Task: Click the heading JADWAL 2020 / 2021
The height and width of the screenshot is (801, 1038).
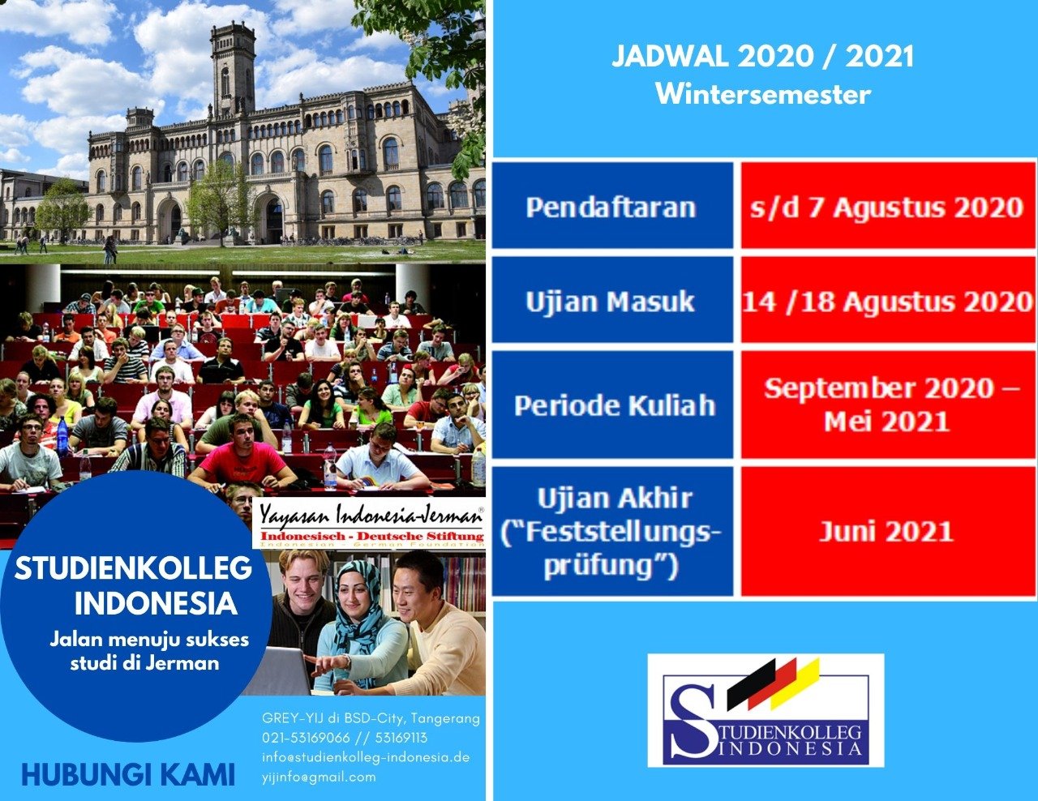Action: [x=763, y=56]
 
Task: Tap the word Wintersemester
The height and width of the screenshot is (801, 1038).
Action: [x=763, y=94]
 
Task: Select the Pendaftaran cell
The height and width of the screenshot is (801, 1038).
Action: [x=612, y=205]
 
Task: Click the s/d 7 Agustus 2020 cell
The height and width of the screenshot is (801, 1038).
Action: [x=887, y=205]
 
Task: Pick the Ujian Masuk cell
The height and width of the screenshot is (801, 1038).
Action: [x=612, y=300]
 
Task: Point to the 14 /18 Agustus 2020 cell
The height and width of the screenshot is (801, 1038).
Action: [x=887, y=300]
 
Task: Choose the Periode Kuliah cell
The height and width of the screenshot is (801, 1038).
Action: [x=612, y=405]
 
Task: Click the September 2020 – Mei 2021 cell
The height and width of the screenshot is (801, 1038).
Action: [x=887, y=405]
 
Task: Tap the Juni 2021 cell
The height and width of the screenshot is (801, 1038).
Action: [x=887, y=531]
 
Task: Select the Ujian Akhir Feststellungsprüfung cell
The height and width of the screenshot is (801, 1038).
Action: [x=612, y=531]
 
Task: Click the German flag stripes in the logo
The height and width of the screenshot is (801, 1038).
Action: [x=774, y=683]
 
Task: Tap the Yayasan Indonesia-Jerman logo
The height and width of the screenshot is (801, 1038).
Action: [x=369, y=524]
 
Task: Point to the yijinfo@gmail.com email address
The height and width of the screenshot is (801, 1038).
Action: [x=319, y=777]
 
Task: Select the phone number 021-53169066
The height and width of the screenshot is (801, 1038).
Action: [x=306, y=738]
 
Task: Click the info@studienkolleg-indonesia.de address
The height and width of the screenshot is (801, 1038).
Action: [x=366, y=757]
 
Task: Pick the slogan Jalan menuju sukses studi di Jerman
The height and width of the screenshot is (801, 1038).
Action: [x=148, y=651]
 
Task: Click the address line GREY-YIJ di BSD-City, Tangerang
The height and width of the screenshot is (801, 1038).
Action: [x=371, y=718]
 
